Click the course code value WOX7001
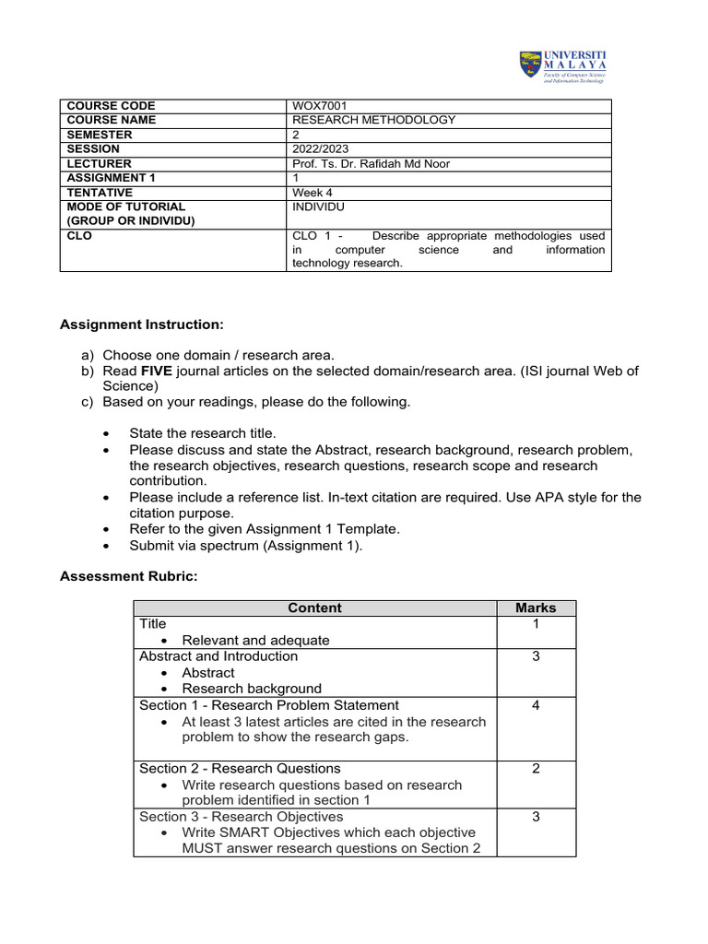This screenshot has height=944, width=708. coord(318,106)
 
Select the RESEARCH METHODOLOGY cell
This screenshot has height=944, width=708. coord(373,120)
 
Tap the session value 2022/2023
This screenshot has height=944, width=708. coord(321,148)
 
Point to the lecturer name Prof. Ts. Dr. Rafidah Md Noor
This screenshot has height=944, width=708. coord(371,163)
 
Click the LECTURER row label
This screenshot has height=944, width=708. coord(99,163)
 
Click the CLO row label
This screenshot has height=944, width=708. coord(80,236)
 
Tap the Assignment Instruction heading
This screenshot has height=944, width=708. coord(142,324)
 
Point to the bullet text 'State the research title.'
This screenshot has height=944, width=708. coord(202,433)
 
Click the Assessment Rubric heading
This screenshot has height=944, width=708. coord(129,576)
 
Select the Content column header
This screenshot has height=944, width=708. coord(314,608)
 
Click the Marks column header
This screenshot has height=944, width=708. coord(536,608)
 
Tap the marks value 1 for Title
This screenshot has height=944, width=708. coord(536,624)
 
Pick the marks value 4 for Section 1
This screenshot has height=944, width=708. coord(536,705)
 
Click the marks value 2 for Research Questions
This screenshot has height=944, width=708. coord(536,768)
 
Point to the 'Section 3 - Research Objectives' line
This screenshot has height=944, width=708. coord(241,817)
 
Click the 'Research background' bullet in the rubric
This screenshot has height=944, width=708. coord(252,689)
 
